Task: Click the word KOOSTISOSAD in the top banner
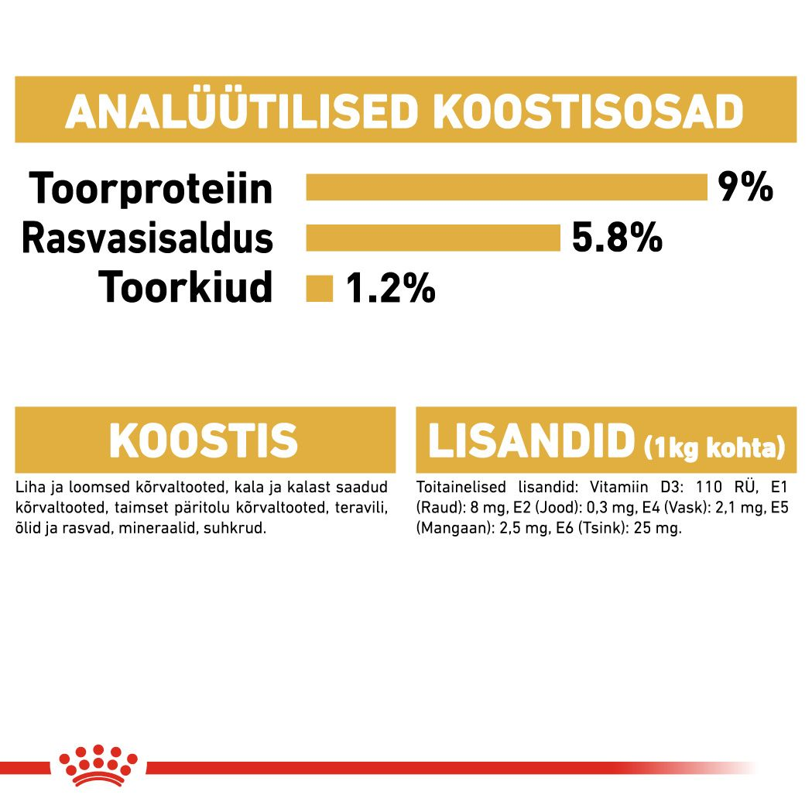(588, 112)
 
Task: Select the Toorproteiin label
(151, 188)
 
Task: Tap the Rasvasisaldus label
(147, 238)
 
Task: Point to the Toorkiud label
(186, 288)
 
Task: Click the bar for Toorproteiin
(507, 188)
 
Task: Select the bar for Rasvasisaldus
(433, 238)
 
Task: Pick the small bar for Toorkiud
(319, 289)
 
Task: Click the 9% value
(745, 187)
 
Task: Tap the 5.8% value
(617, 238)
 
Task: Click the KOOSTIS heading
(204, 441)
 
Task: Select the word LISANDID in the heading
(530, 441)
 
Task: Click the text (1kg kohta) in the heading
(714, 447)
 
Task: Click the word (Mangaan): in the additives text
(446, 528)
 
